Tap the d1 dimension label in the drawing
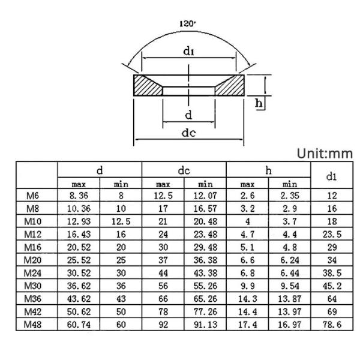coord(188,52)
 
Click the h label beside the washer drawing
coord(259,103)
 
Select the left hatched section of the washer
coord(148,85)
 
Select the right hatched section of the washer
coord(230,85)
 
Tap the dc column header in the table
coord(184,170)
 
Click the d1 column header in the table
coord(331,176)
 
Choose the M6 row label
coord(34,195)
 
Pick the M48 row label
coord(34,325)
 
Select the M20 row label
coord(34,260)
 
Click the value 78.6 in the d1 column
coord(331,325)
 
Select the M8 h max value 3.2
coord(247,208)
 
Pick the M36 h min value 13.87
coord(289,299)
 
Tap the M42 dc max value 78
coord(163,311)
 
